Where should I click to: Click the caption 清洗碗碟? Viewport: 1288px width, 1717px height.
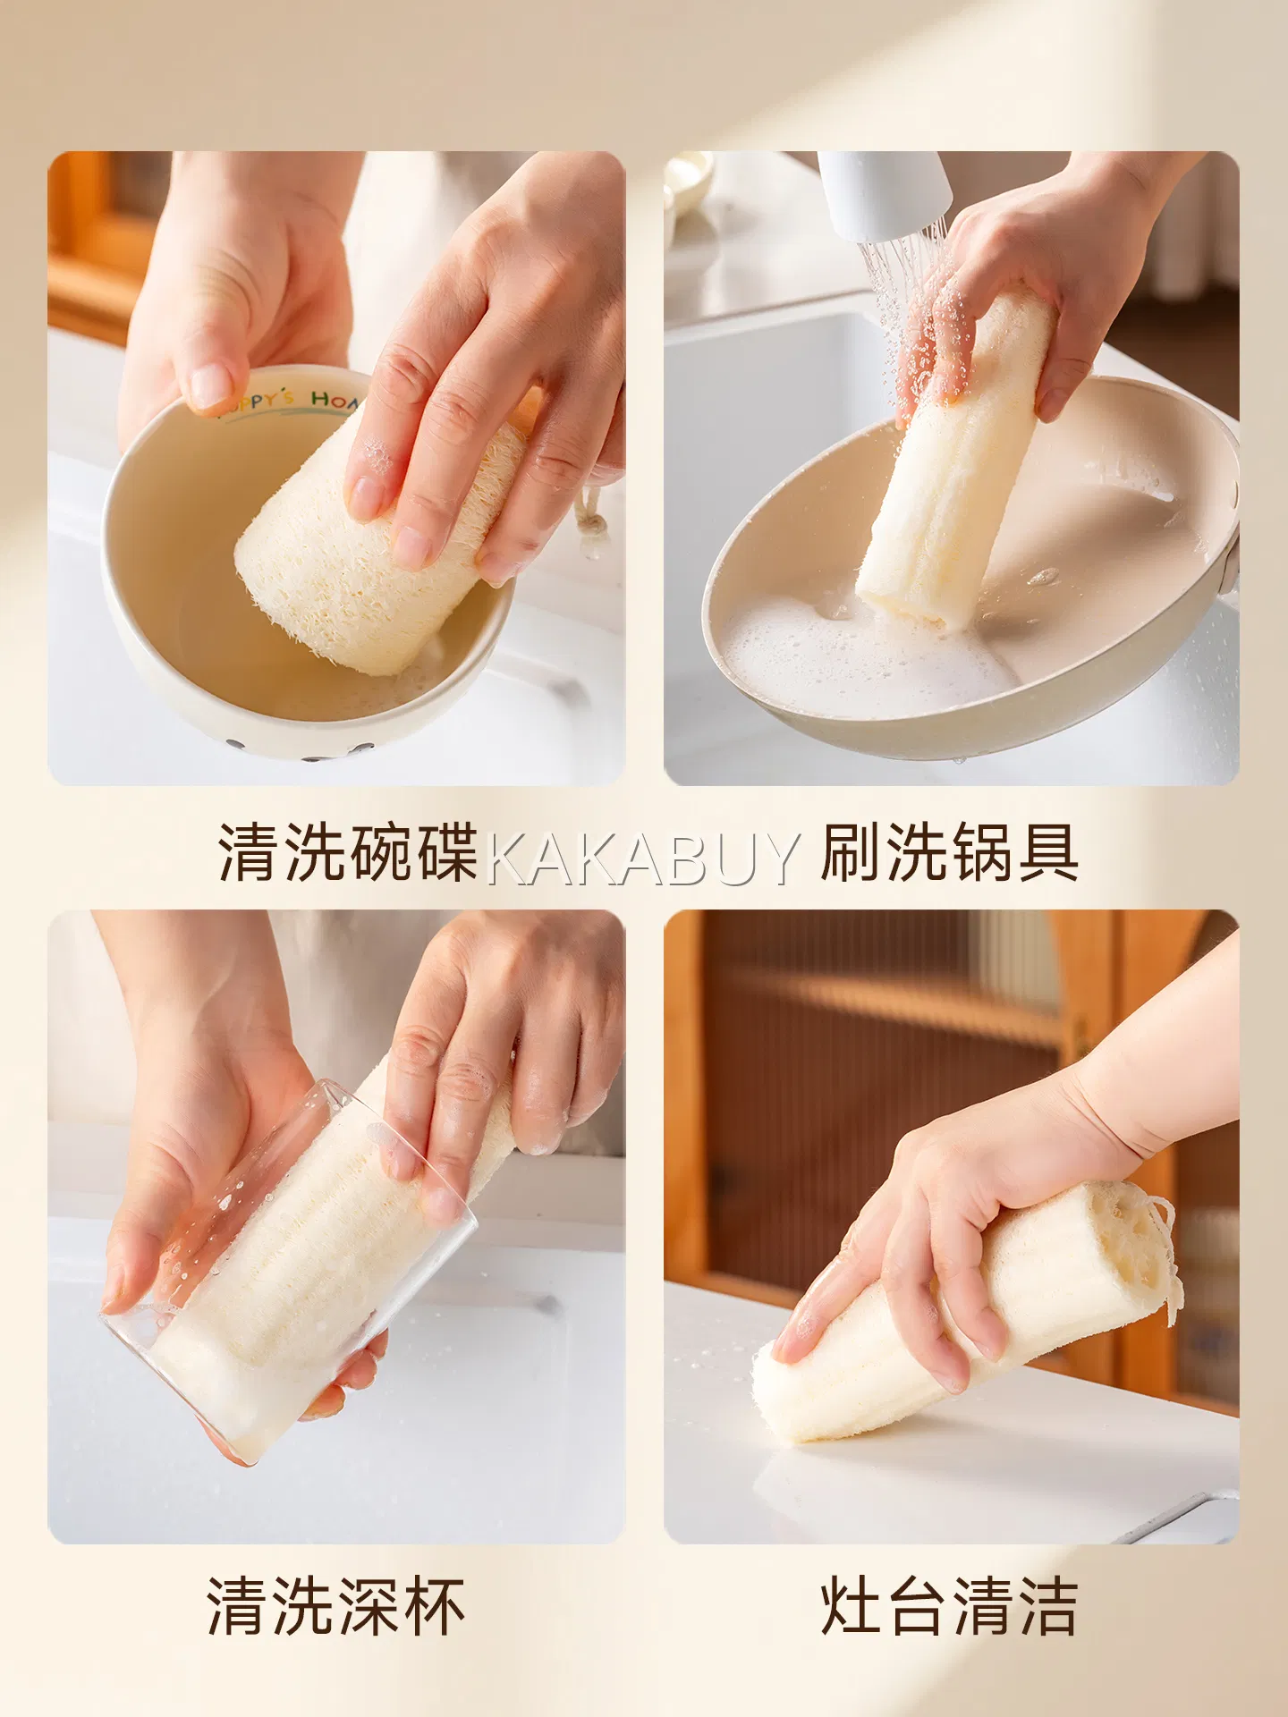[x=348, y=853]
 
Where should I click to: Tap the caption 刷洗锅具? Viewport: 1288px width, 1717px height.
[x=950, y=853]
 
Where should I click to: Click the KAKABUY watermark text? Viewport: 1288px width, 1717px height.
[x=641, y=858]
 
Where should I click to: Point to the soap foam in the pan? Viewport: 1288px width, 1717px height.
[x=859, y=653]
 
